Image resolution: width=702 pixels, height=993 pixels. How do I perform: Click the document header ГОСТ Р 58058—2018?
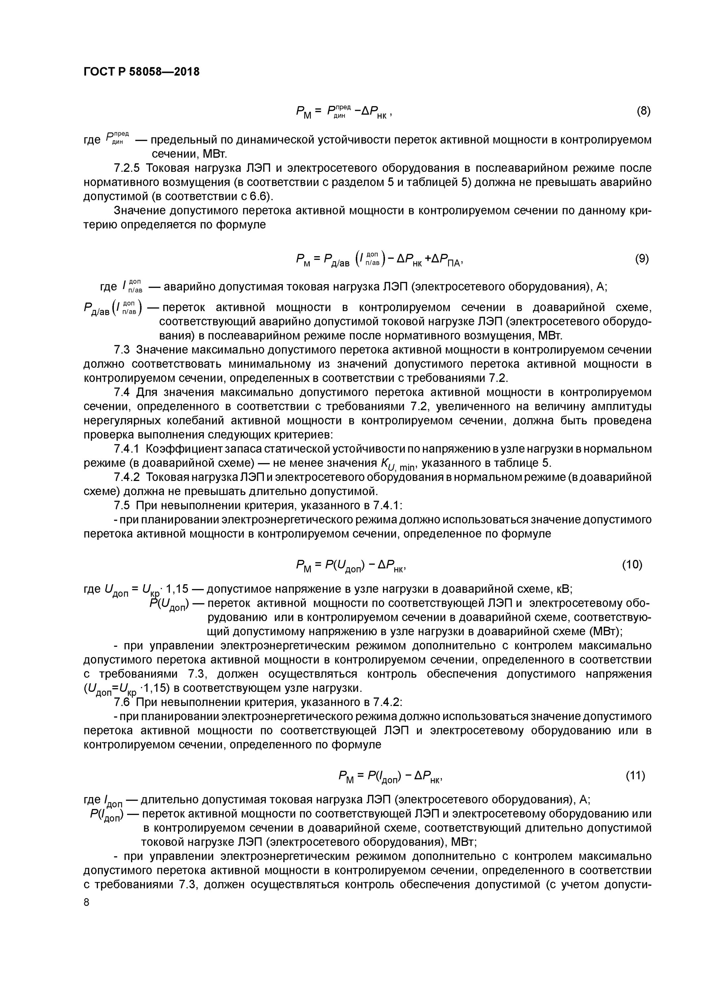(141, 72)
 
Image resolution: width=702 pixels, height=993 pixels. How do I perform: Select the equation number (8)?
(643, 111)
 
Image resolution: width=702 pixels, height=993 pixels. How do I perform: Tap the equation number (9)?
(642, 259)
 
